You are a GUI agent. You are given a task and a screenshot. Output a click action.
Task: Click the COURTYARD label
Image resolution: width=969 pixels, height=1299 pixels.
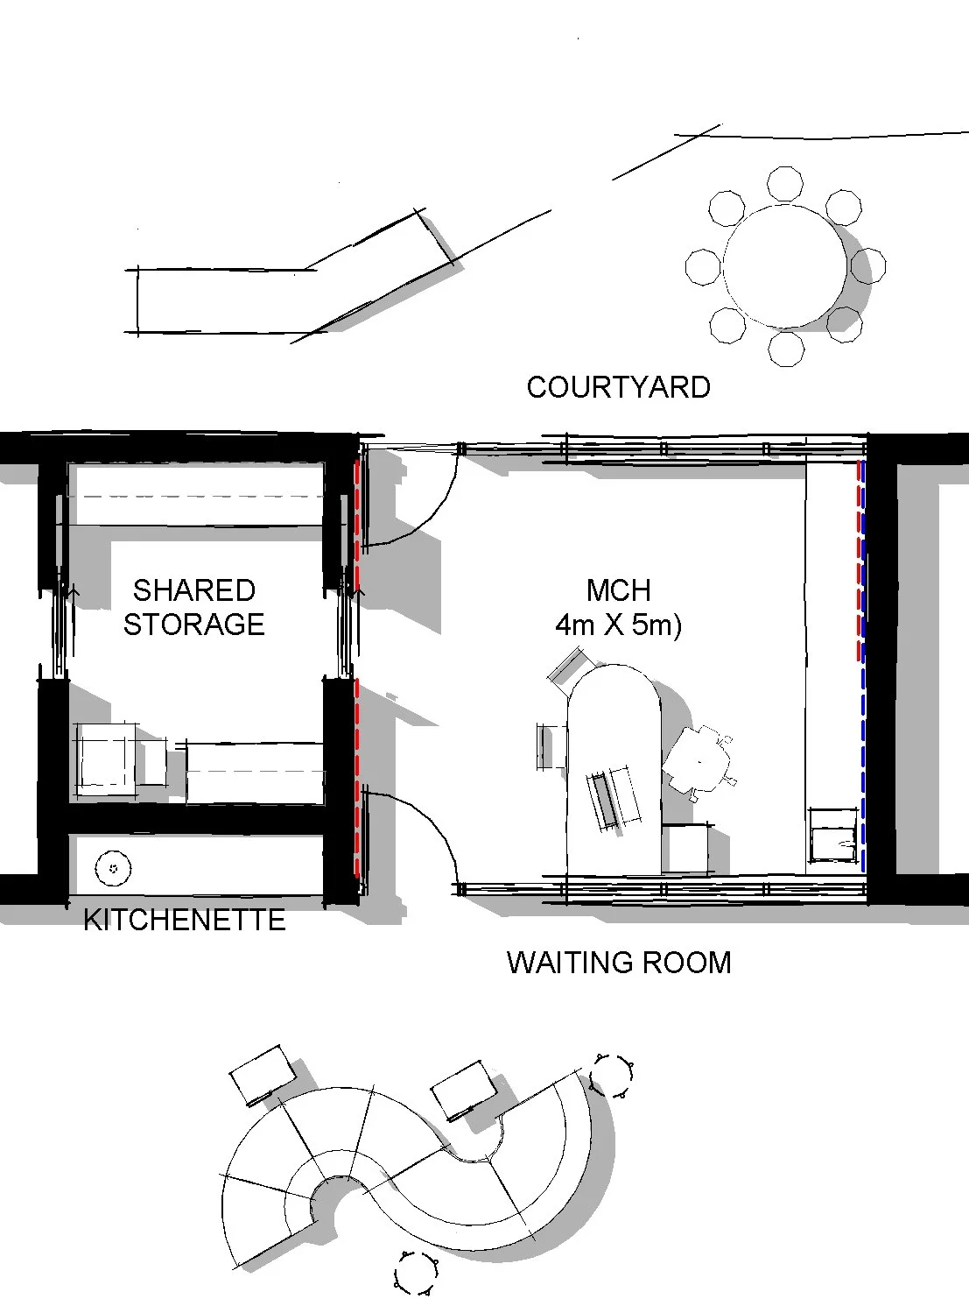(x=618, y=387)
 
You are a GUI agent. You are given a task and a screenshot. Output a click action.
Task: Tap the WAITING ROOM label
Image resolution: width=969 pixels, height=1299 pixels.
(x=618, y=963)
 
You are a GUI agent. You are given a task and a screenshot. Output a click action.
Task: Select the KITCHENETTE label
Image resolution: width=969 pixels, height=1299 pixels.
(x=184, y=920)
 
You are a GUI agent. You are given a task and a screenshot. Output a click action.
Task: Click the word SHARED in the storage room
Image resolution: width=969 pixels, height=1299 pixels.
(x=193, y=590)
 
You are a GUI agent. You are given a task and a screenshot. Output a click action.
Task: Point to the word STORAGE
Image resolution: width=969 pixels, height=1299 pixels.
(x=193, y=625)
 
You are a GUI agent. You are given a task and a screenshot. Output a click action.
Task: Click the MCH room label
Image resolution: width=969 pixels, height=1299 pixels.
(x=618, y=590)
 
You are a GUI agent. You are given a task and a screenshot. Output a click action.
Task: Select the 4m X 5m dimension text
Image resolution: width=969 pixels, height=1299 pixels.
(x=618, y=625)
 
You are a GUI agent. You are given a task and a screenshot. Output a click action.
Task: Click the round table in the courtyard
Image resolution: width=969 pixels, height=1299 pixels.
(x=784, y=265)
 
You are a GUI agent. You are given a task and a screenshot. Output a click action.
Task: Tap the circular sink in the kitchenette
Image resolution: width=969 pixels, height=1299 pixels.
(x=113, y=869)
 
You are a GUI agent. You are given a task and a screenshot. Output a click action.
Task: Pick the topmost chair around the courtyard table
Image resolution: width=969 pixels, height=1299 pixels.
(x=784, y=184)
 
